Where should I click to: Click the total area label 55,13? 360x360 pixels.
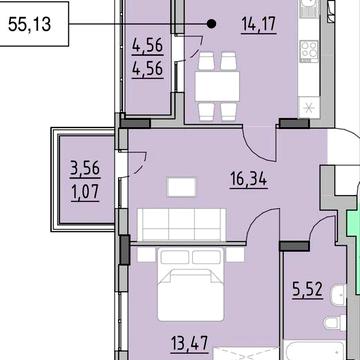pyautogui.click(x=29, y=24)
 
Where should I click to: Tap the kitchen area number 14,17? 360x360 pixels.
pyautogui.click(x=259, y=25)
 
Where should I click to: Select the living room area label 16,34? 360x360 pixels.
pyautogui.click(x=249, y=180)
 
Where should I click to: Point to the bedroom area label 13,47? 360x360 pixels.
pyautogui.click(x=190, y=343)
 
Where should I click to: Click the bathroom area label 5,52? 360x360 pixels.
pyautogui.click(x=307, y=290)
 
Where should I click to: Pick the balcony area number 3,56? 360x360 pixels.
pyautogui.click(x=85, y=168)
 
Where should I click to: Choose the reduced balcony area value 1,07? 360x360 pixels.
pyautogui.click(x=85, y=192)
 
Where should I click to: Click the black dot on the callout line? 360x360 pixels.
pyautogui.click(x=211, y=24)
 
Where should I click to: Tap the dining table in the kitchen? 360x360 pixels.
pyautogui.click(x=217, y=86)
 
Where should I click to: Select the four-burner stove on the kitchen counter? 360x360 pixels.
pyautogui.click(x=309, y=51)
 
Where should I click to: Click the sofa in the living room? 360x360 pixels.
pyautogui.click(x=182, y=225)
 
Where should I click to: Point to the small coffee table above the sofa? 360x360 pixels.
pyautogui.click(x=181, y=187)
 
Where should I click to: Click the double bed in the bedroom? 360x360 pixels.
pyautogui.click(x=190, y=284)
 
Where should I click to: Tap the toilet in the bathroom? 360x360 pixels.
pyautogui.click(x=336, y=322)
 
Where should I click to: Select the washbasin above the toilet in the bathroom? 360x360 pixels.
pyautogui.click(x=339, y=293)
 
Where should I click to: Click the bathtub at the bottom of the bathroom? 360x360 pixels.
pyautogui.click(x=315, y=352)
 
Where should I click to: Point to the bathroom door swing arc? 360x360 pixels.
pyautogui.click(x=319, y=224)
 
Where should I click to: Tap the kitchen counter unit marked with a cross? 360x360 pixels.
pyautogui.click(x=309, y=108)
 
